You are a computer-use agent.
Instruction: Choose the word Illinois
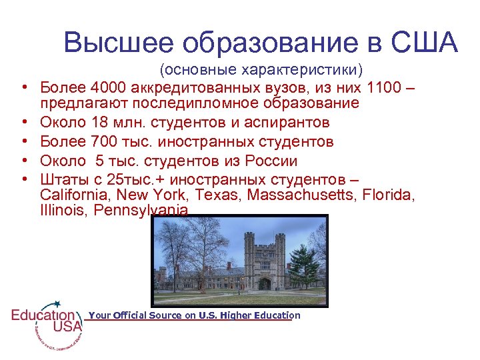[62, 210]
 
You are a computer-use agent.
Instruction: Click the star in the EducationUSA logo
[57, 303]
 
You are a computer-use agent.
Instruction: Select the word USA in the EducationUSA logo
[67, 326]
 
